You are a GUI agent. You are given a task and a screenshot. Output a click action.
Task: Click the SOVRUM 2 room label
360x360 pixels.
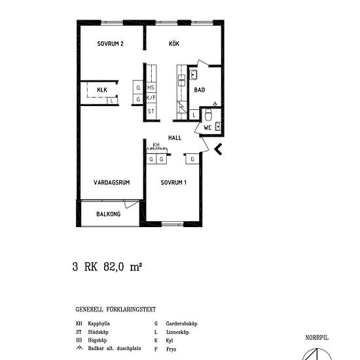click(x=111, y=44)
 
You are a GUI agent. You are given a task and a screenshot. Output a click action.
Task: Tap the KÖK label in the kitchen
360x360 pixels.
click(x=173, y=44)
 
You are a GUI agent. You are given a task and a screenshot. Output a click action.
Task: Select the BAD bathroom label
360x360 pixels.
click(x=199, y=92)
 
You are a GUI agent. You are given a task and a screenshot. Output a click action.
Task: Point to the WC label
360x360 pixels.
click(x=207, y=128)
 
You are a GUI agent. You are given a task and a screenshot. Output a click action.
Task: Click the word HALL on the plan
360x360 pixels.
click(x=175, y=138)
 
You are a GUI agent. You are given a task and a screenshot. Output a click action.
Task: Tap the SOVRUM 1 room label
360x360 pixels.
click(x=174, y=183)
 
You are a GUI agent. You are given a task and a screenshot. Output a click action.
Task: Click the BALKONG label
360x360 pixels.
click(x=107, y=214)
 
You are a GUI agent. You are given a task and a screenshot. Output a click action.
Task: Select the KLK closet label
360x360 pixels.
click(x=102, y=90)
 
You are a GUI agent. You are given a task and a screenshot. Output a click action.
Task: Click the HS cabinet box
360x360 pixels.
click(x=151, y=88)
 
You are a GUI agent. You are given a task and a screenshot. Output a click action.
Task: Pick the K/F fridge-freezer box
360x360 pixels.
click(x=151, y=99)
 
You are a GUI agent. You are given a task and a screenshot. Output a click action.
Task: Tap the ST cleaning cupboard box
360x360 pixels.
click(x=151, y=111)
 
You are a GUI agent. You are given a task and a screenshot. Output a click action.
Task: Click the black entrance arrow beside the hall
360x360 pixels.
click(x=219, y=149)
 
